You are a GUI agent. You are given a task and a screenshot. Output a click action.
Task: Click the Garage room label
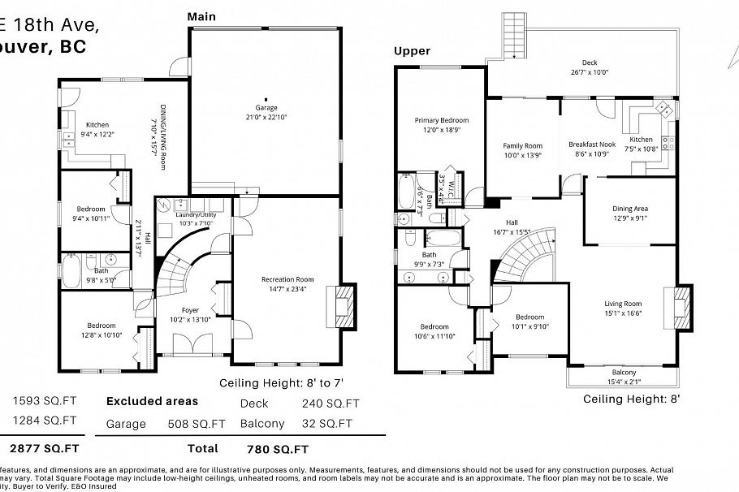(x=266, y=108)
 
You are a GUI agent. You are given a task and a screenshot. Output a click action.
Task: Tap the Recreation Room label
(x=282, y=279)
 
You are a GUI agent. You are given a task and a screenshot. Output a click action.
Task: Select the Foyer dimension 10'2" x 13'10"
(x=189, y=319)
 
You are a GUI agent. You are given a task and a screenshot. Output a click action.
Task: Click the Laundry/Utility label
(x=195, y=214)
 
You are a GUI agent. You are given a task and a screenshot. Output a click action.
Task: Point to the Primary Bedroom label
(x=441, y=120)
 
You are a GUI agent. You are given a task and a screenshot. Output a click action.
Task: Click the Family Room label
(x=521, y=146)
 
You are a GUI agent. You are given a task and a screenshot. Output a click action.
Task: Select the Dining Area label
(x=629, y=209)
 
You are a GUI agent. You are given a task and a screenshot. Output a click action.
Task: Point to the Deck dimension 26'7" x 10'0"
(x=589, y=72)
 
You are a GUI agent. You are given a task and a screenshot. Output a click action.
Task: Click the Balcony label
(x=624, y=372)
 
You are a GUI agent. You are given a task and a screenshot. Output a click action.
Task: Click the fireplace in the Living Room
(x=681, y=309)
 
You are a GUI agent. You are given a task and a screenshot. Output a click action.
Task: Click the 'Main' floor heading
(x=201, y=15)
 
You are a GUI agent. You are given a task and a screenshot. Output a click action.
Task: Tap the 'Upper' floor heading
(x=412, y=51)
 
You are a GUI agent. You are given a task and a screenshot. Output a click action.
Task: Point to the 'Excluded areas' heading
(x=152, y=401)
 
